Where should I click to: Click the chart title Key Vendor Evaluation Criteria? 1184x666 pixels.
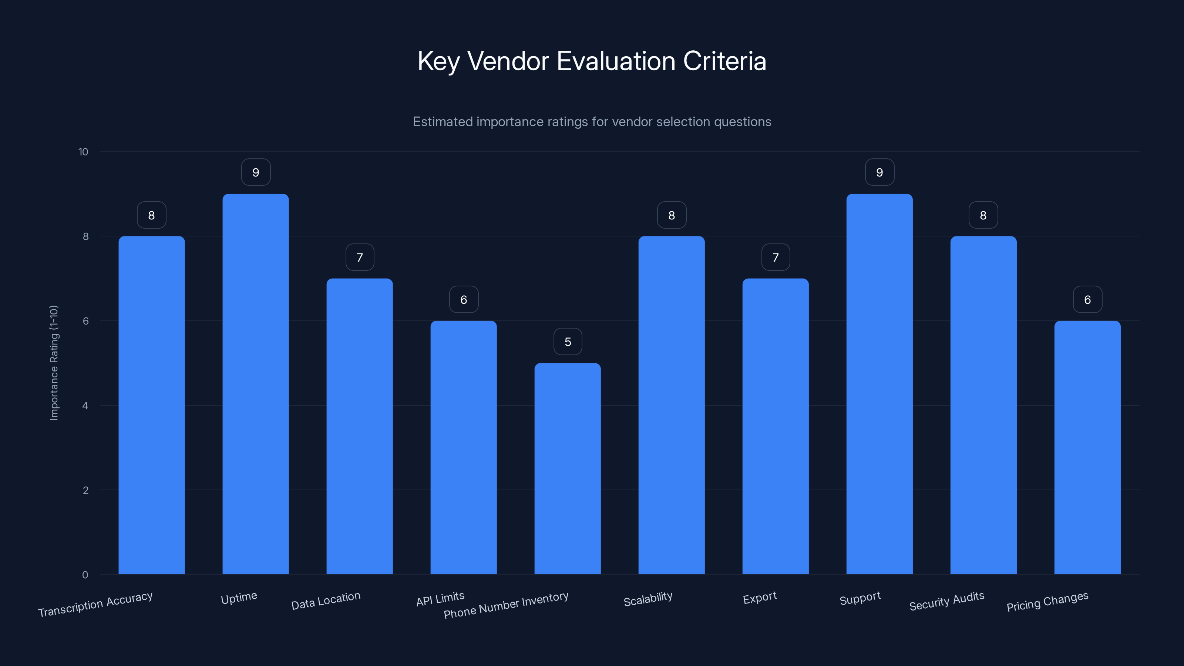[x=592, y=61]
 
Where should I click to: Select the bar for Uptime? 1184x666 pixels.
[x=256, y=384]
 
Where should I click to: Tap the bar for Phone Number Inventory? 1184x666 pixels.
[x=567, y=469]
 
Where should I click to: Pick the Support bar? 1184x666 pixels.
[x=879, y=384]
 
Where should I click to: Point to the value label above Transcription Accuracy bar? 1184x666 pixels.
[x=151, y=215]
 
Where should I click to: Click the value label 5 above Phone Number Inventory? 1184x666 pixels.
[x=568, y=342]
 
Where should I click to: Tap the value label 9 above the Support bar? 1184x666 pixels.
[x=879, y=172]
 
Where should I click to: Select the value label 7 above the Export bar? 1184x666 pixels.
[x=776, y=258]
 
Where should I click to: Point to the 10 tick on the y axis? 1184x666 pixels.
[x=83, y=152]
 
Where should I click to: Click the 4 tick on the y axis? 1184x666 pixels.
[x=85, y=406]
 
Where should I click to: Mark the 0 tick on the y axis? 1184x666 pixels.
[x=85, y=575]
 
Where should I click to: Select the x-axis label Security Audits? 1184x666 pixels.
[x=946, y=601]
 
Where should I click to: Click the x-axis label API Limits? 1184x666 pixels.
[x=440, y=599]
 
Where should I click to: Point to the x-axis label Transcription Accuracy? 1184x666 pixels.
[x=95, y=605]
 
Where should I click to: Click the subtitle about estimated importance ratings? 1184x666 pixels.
[x=592, y=122]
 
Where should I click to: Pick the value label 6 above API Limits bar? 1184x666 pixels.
[x=463, y=300]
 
